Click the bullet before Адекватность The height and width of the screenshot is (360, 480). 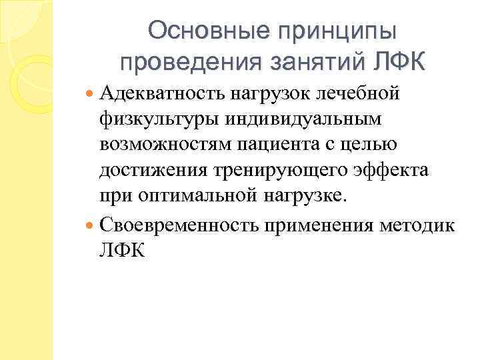[x=91, y=94]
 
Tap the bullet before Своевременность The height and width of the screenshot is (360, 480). [x=91, y=226]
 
